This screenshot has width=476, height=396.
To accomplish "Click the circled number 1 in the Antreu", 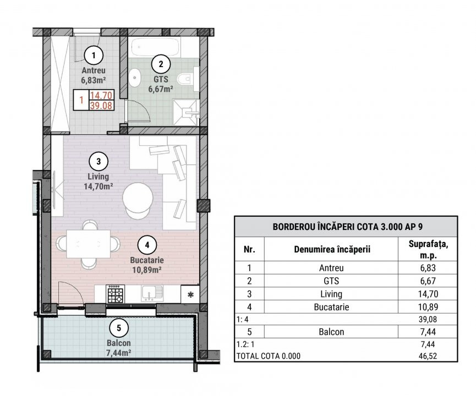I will tap(94, 54).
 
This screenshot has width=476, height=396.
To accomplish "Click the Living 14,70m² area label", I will tap(98, 182).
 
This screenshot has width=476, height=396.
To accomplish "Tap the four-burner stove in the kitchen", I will tap(116, 294).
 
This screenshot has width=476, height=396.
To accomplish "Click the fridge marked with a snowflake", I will tap(191, 294).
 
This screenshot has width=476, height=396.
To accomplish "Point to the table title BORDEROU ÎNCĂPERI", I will tap(345, 226).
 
